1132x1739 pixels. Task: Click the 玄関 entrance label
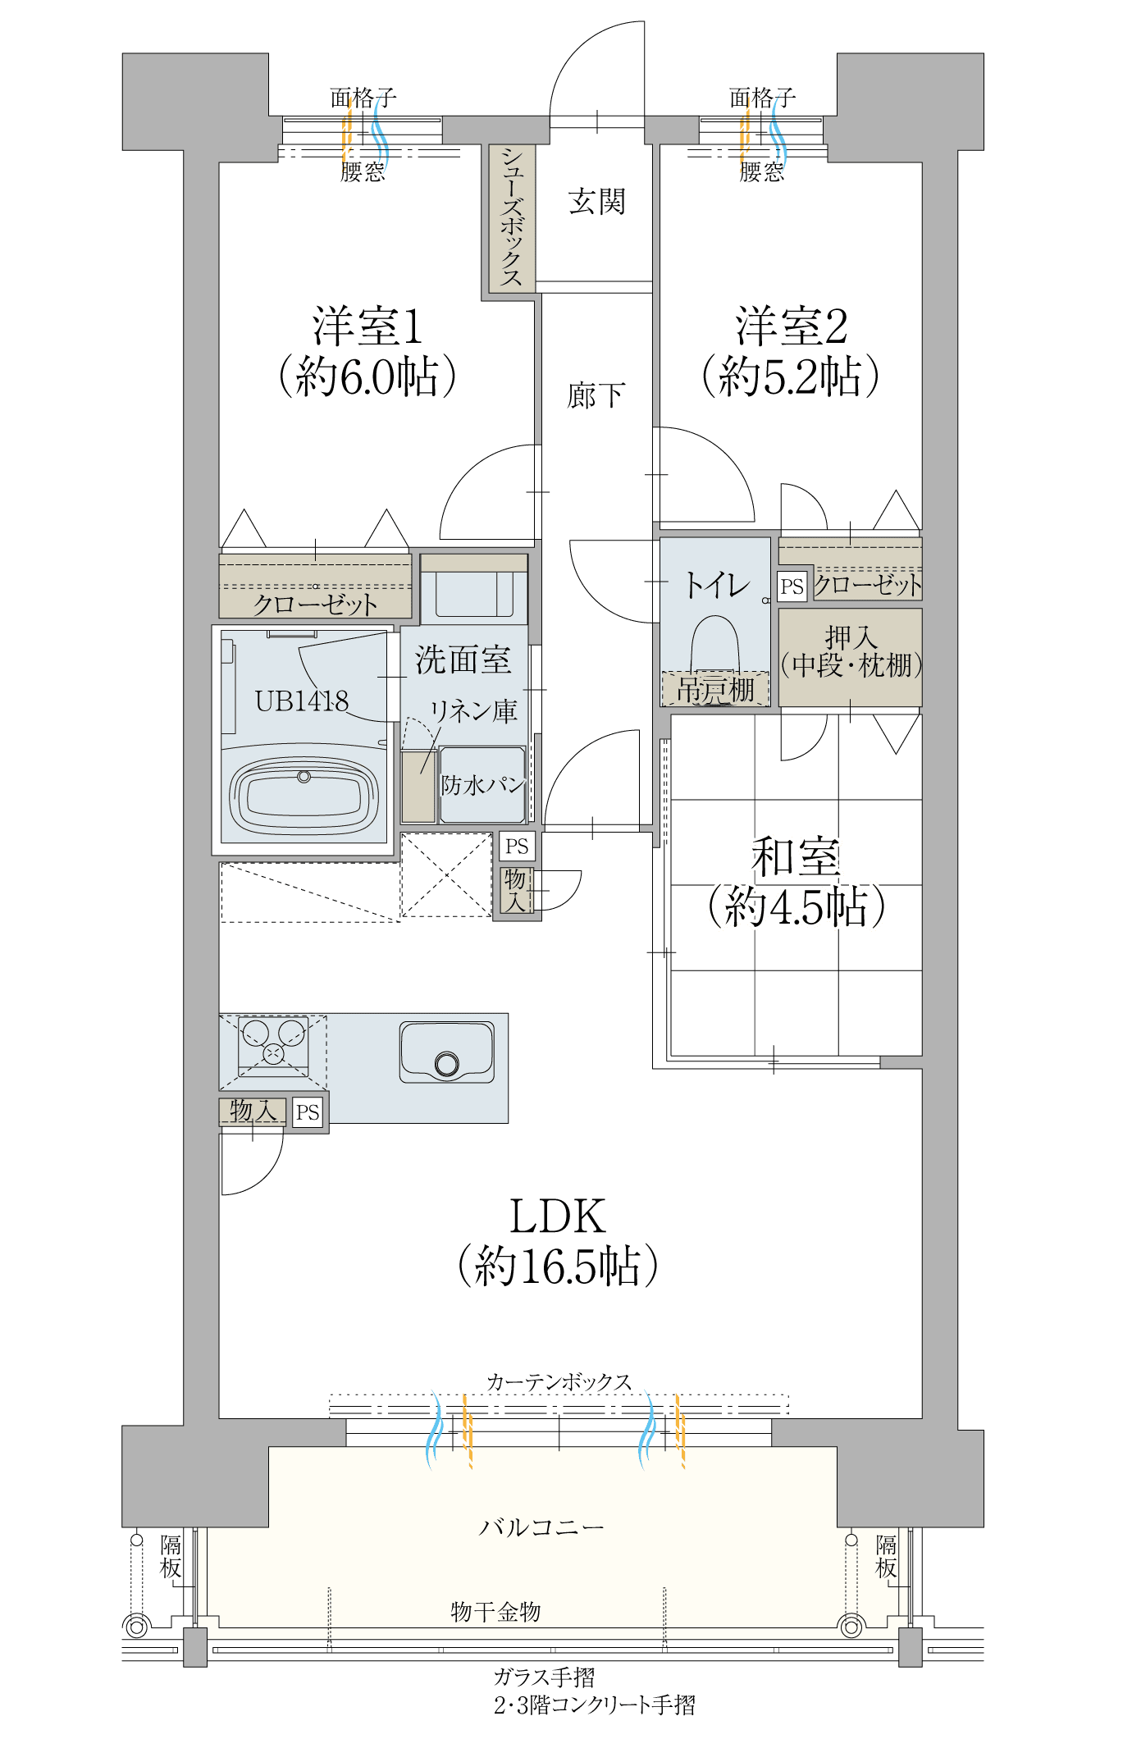pos(597,202)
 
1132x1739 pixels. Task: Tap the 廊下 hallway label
pos(596,395)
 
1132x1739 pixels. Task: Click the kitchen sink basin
pos(447,1052)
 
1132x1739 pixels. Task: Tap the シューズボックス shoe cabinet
pos(512,218)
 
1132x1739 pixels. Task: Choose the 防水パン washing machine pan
pos(482,784)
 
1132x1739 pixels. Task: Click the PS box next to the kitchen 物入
pos(308,1112)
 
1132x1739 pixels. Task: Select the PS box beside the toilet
pos(792,587)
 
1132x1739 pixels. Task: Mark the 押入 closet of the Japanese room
pos(850,657)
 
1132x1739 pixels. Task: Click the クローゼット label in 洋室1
pos(315,605)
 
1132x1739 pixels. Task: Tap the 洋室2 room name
pos(792,326)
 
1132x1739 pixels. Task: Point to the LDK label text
pos(558,1216)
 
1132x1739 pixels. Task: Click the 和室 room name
pos(796,856)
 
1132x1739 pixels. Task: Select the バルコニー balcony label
pos(541,1527)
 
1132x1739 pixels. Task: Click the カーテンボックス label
pos(559,1382)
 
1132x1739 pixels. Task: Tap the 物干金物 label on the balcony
pos(495,1612)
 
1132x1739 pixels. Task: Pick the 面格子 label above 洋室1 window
pos(363,98)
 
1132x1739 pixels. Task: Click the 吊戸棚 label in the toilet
pos(715,690)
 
